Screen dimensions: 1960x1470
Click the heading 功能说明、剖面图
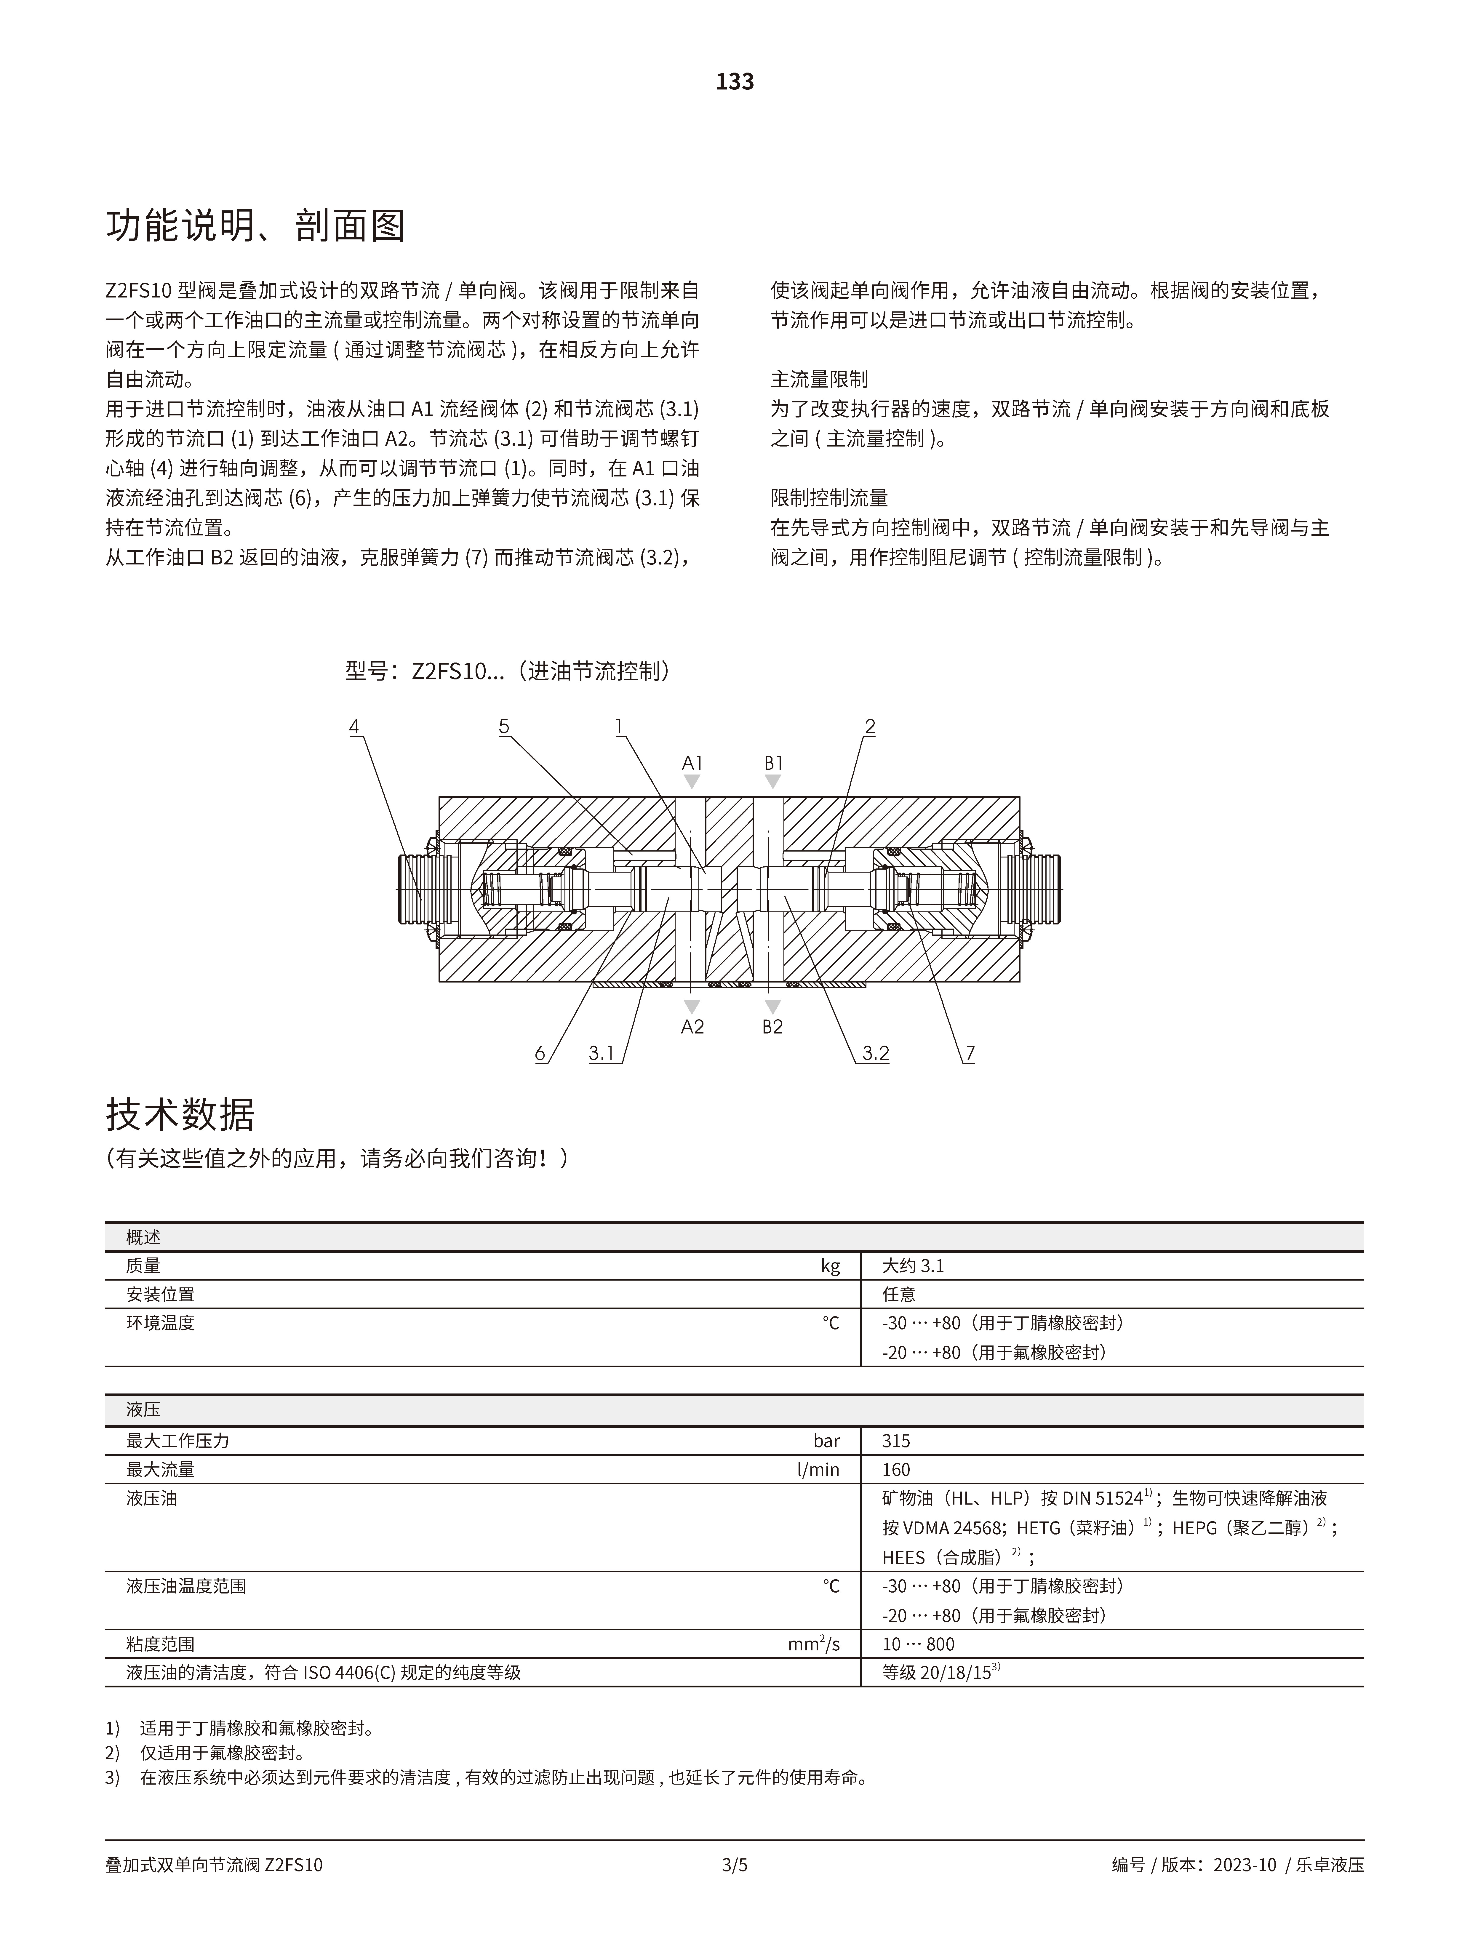tap(255, 227)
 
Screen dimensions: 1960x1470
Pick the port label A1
tap(692, 763)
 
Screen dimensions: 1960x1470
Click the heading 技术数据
tap(180, 1115)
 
